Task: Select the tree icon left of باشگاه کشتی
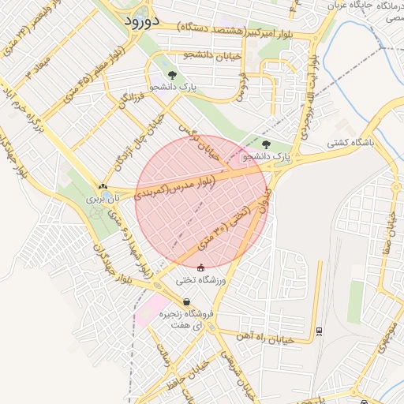pyautogui.click(x=266, y=144)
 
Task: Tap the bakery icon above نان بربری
pyautogui.click(x=103, y=187)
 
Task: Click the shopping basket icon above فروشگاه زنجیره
pyautogui.click(x=186, y=301)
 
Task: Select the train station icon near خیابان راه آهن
pyautogui.click(x=318, y=330)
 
